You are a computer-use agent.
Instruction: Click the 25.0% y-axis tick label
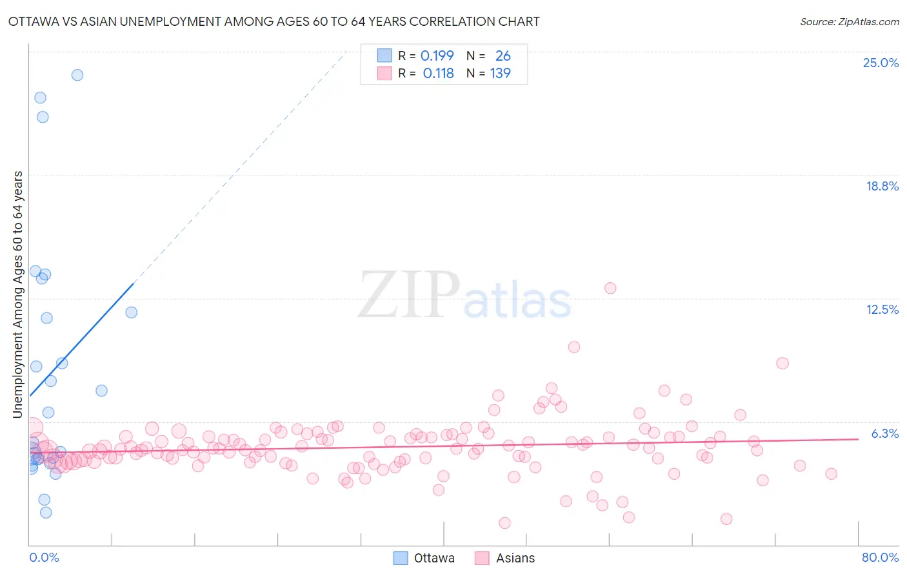click(x=881, y=63)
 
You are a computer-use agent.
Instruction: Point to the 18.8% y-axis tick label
click(x=882, y=186)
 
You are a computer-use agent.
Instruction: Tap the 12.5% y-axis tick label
click(x=882, y=309)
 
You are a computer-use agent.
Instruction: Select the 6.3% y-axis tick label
click(x=884, y=433)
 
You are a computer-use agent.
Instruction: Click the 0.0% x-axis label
click(x=44, y=557)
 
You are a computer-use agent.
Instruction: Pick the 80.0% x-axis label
click(x=880, y=557)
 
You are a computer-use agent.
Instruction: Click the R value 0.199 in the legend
click(x=437, y=56)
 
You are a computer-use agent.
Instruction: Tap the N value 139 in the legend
click(x=500, y=74)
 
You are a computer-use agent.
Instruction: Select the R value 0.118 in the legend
click(x=438, y=74)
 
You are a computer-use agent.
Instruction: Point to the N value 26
click(x=503, y=56)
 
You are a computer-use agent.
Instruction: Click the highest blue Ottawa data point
click(x=77, y=75)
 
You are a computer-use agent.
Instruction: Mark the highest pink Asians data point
click(x=610, y=288)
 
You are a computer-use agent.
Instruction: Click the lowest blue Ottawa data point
click(x=46, y=513)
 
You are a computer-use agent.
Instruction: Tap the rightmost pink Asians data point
click(x=831, y=474)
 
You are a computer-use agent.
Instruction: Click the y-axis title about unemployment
click(x=17, y=294)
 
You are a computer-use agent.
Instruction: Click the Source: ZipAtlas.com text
click(x=849, y=22)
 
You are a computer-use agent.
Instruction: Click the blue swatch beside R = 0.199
click(x=384, y=56)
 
